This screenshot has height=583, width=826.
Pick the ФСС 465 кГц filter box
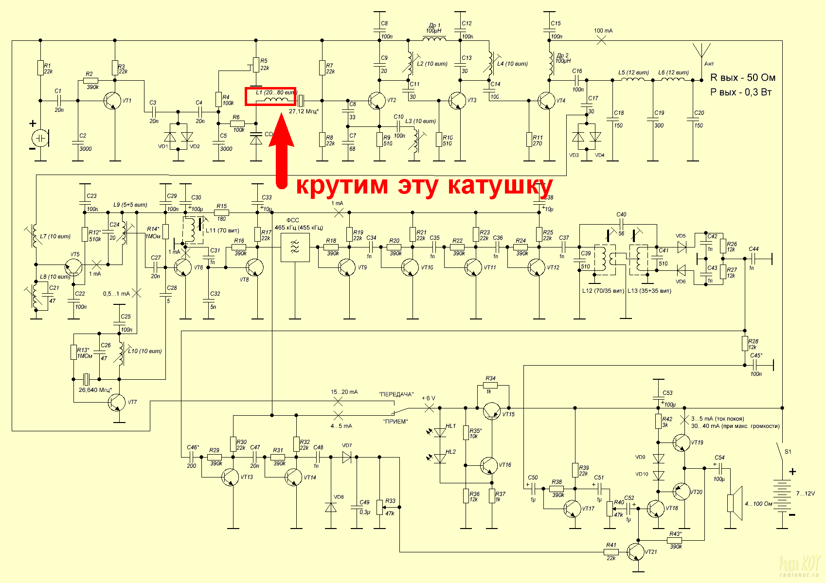tap(295, 247)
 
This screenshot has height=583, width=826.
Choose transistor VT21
tap(636, 552)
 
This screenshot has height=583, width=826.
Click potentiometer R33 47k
tap(380, 507)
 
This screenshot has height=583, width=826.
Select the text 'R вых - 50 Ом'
tap(743, 78)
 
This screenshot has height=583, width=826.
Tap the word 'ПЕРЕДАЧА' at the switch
tap(396, 394)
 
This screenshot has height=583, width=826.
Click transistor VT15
tap(492, 411)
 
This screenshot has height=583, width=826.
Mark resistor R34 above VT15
tap(490, 385)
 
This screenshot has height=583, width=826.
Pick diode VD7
tap(347, 457)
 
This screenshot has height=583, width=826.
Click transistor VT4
tap(547, 101)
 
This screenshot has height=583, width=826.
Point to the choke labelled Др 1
tap(433, 38)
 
